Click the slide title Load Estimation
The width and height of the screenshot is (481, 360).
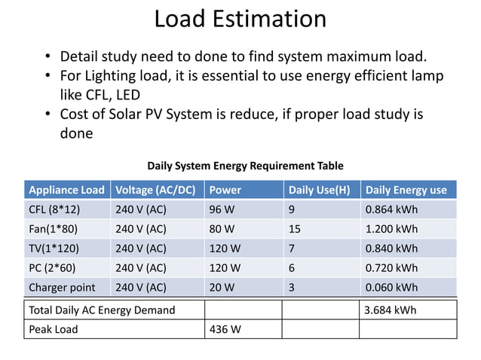pos(240,19)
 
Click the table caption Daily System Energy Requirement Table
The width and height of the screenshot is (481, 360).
pos(245,166)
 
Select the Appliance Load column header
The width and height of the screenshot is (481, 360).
pos(66,190)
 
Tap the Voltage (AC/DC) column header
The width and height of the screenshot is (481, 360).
pos(155,190)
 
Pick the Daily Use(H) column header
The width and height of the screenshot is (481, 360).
pos(320,190)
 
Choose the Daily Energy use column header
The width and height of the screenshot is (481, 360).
pos(406,190)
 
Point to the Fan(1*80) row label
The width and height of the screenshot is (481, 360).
pos(53,229)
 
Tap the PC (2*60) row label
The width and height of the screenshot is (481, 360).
pos(52,268)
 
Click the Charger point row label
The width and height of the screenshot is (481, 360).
pos(62,287)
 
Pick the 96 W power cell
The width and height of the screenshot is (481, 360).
pos(222,209)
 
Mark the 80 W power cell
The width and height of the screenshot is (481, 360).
pos(222,229)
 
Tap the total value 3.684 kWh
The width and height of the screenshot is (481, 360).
pos(390,310)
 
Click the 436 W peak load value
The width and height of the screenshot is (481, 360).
pos(225,330)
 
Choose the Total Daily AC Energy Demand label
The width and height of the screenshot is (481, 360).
pos(101,310)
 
